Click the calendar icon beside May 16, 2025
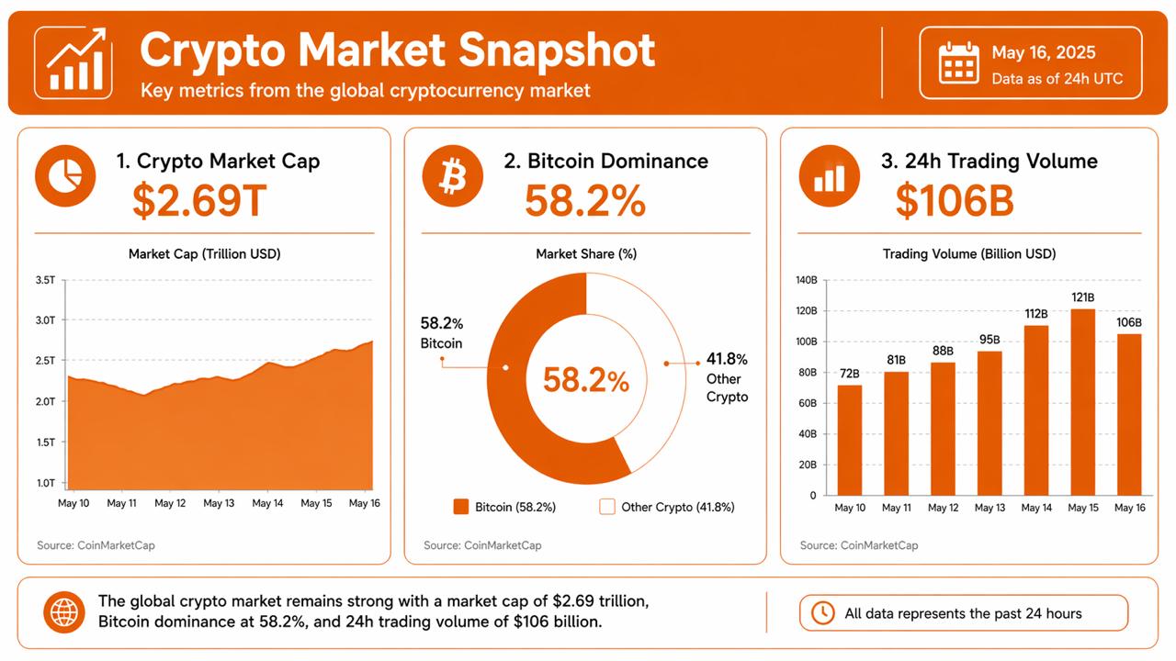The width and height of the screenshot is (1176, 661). (x=959, y=62)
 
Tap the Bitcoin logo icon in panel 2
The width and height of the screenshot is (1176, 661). (x=452, y=175)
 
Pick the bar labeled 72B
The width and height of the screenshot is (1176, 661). (x=850, y=440)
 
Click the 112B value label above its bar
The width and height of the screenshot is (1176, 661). (x=1036, y=314)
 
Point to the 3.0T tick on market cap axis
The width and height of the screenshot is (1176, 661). (x=46, y=320)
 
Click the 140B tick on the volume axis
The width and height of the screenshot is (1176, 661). (x=807, y=280)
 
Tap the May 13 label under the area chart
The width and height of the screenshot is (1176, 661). (x=219, y=503)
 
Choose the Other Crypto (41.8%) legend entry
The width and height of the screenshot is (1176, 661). (x=667, y=507)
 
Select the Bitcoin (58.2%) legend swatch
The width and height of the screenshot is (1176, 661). (x=461, y=507)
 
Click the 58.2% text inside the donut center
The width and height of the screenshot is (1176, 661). (x=585, y=380)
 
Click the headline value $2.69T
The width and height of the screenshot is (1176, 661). (x=199, y=201)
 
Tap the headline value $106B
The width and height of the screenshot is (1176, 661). (x=955, y=201)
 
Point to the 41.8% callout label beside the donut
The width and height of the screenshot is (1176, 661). (x=727, y=359)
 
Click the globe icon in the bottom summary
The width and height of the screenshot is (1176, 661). (x=65, y=611)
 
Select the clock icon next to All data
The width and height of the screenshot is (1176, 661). (x=823, y=613)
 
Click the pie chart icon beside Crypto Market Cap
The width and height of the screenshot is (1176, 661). (x=65, y=175)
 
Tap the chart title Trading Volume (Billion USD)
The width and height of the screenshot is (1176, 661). (x=969, y=253)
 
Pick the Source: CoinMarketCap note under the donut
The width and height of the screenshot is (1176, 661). (x=482, y=545)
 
